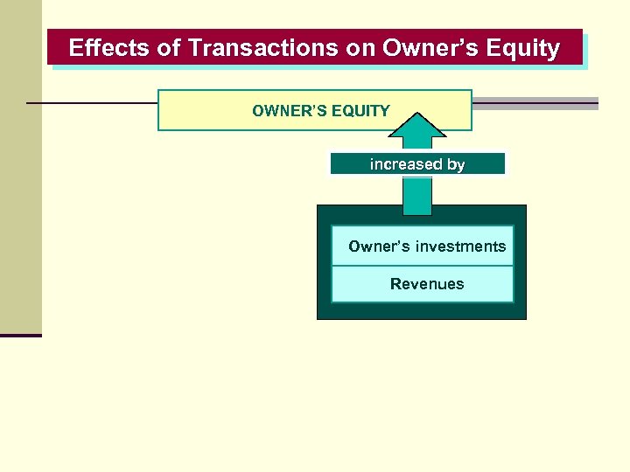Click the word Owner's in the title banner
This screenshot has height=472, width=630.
(x=428, y=48)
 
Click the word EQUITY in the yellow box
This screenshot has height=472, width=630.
(x=360, y=111)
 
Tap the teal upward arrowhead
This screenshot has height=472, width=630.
(x=417, y=127)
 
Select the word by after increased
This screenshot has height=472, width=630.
(x=455, y=164)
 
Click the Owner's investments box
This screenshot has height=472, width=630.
(x=423, y=246)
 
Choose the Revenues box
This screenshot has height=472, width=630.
(x=423, y=284)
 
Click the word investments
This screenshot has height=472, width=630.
(x=460, y=246)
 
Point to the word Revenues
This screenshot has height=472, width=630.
(x=427, y=284)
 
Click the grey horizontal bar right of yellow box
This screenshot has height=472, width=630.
(x=535, y=103)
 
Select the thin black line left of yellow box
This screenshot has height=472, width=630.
(x=92, y=103)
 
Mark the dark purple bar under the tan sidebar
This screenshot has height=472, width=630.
(x=21, y=335)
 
